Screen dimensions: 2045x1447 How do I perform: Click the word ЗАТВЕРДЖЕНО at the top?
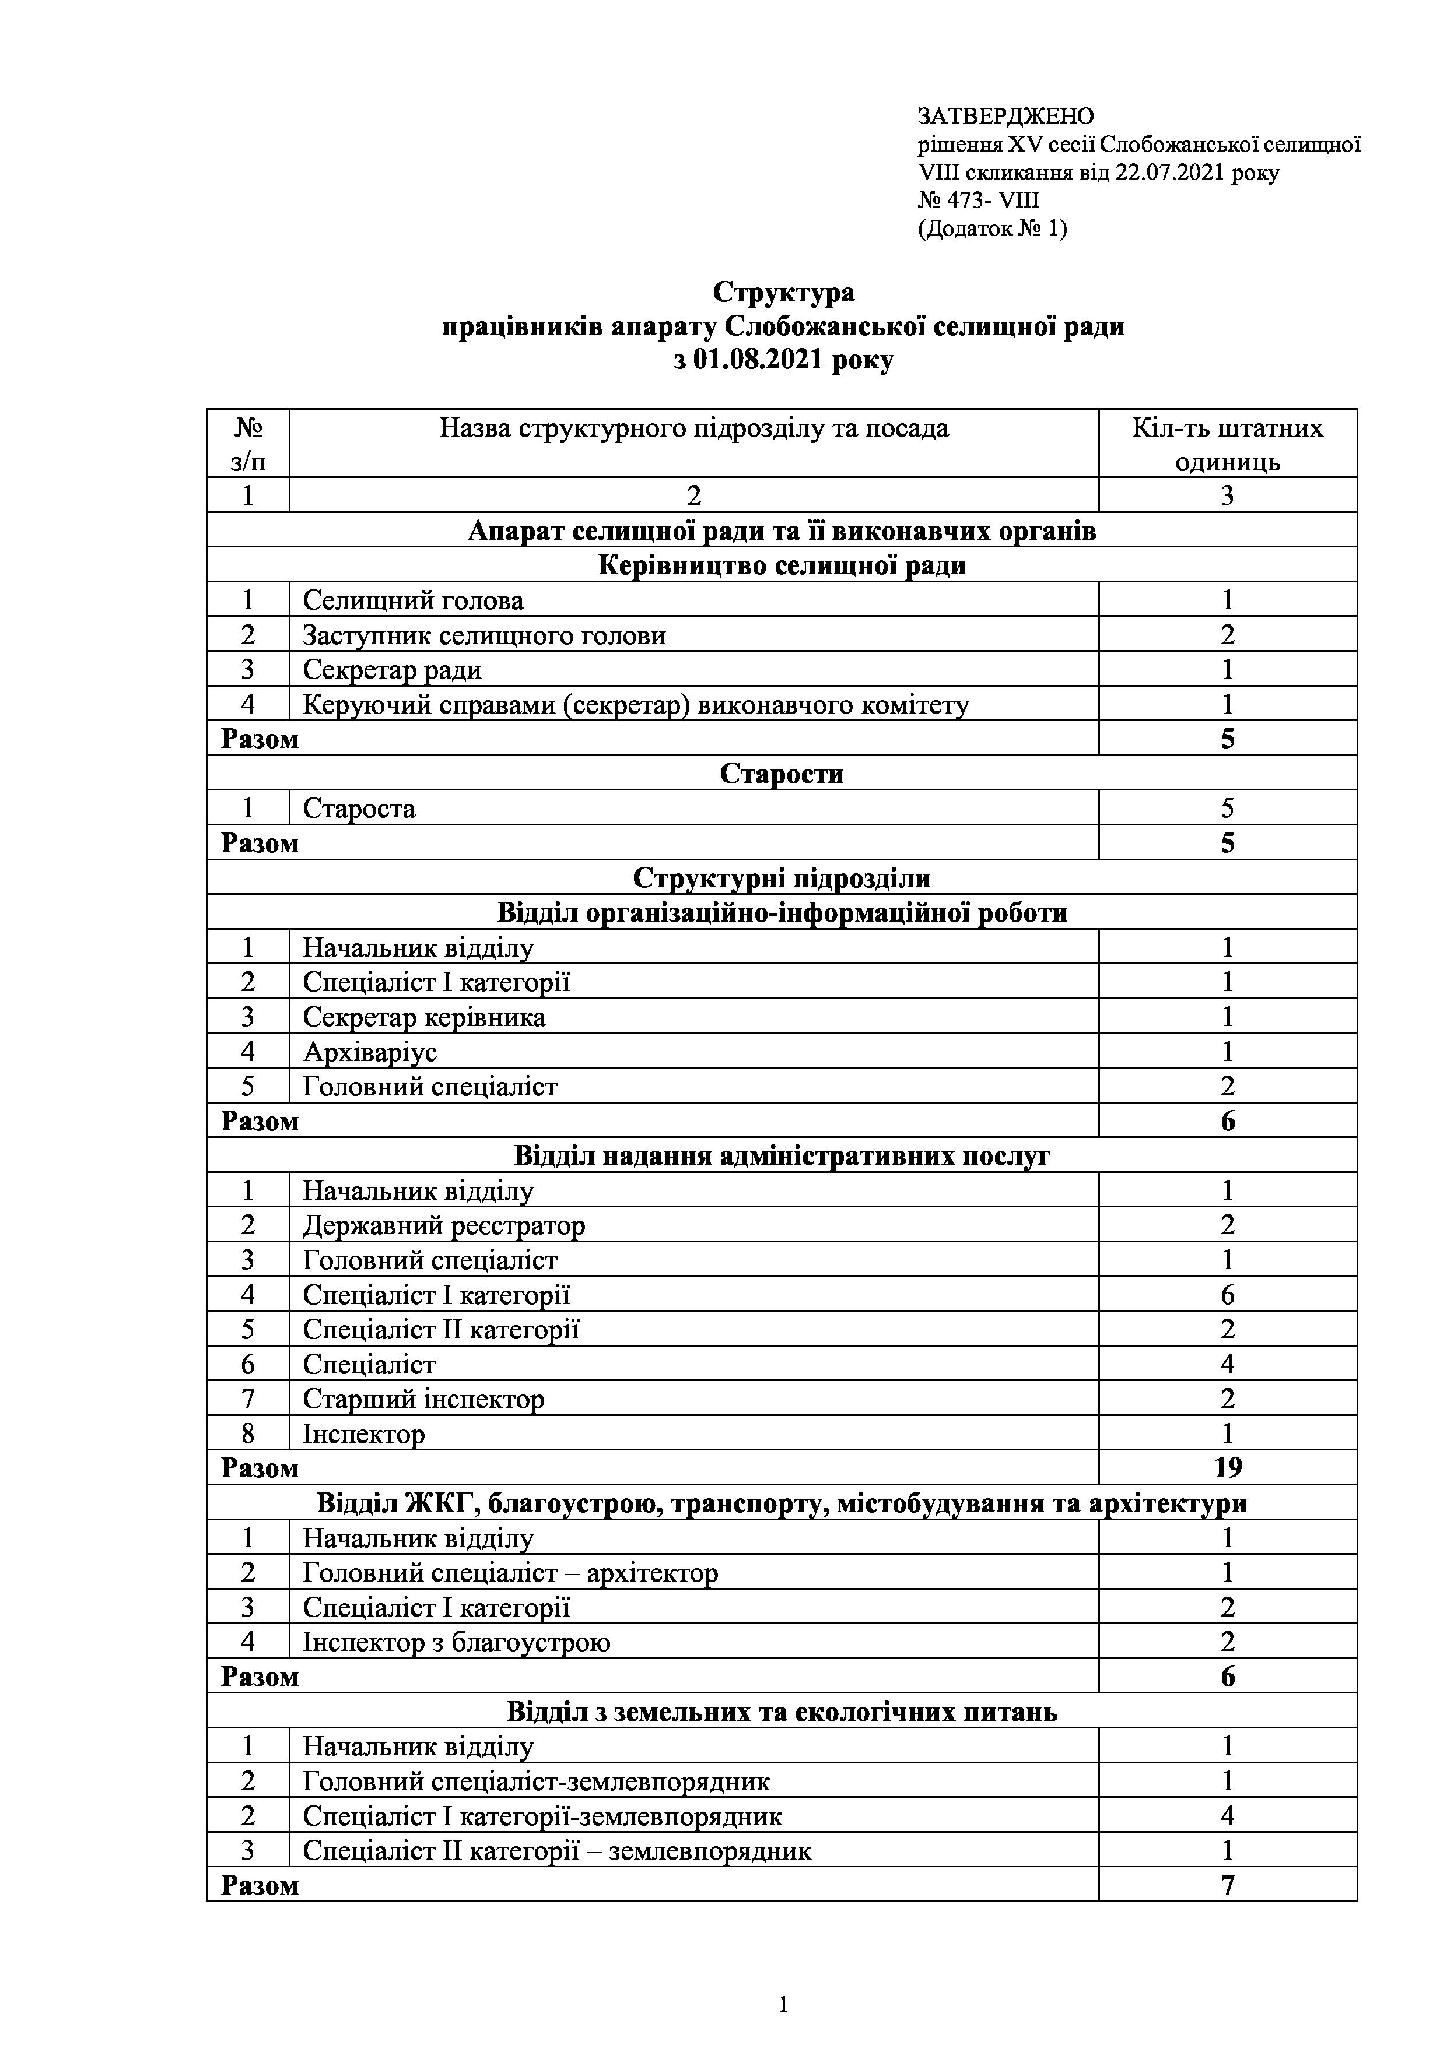(x=1005, y=117)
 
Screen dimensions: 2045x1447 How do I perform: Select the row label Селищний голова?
(x=414, y=600)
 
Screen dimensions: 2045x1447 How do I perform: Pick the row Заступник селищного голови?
(x=484, y=635)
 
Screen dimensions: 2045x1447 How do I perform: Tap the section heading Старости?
(x=782, y=773)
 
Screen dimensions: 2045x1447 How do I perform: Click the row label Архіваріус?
(x=370, y=1052)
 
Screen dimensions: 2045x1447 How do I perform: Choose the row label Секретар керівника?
(x=424, y=1017)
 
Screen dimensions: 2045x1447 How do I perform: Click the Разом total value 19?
(x=1228, y=1468)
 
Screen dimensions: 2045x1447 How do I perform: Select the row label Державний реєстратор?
(x=444, y=1225)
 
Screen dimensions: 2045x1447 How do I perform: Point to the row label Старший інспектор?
(x=423, y=1399)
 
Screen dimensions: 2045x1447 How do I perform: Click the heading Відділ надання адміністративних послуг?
(x=782, y=1156)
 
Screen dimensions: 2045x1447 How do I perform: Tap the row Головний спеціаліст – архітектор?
(x=510, y=1573)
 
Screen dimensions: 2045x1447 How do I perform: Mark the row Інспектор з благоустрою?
(x=456, y=1642)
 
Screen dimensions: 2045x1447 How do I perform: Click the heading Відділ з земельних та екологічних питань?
(x=782, y=1712)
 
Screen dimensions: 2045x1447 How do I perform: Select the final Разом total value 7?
(x=1228, y=1886)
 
